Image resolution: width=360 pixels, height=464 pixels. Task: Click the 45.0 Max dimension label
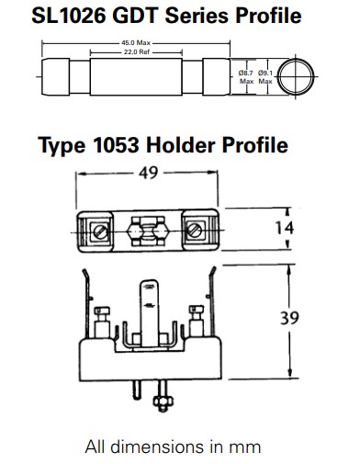pos(136,43)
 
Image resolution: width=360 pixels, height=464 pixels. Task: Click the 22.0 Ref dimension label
pos(137,52)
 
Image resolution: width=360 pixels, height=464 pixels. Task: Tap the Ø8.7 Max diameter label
pos(246,77)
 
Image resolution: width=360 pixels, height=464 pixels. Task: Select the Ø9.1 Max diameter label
pos(265,77)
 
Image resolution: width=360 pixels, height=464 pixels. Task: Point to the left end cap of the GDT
pos(55,76)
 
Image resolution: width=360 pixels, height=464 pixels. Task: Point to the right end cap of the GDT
pos(216,76)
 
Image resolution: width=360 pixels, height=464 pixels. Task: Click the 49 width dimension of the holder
pos(148,173)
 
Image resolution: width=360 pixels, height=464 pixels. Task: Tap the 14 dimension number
pos(284,228)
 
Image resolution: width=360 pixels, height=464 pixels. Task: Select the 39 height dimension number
pos(289,318)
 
